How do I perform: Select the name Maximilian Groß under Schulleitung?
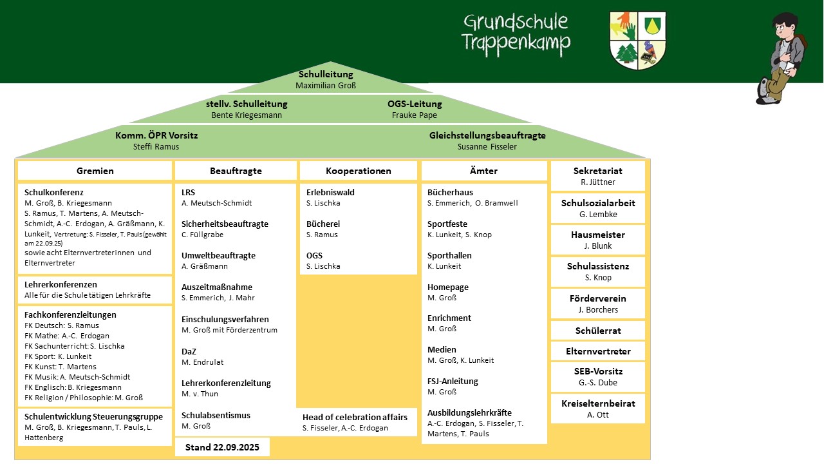[326, 85]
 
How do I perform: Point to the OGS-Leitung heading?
[415, 104]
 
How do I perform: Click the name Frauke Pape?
[415, 115]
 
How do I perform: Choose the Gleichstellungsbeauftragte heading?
[487, 135]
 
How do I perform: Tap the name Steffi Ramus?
[156, 147]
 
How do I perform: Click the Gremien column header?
[95, 171]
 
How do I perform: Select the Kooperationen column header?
[359, 171]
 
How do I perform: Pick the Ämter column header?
[484, 171]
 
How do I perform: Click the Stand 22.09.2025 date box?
[222, 447]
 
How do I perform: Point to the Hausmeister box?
[598, 240]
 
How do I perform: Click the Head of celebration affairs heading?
[355, 417]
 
